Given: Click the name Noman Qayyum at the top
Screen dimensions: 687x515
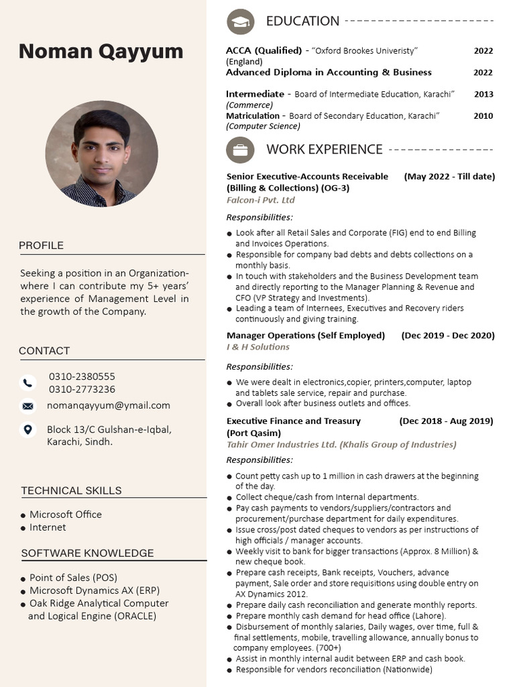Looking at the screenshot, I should [101, 51].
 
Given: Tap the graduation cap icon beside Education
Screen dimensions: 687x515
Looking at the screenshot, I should [240, 22].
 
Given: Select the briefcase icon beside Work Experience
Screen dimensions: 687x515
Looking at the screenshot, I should [240, 150].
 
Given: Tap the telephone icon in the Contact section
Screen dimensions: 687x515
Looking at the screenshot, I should [27, 382].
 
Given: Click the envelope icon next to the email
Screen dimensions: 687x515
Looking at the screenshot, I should [27, 406].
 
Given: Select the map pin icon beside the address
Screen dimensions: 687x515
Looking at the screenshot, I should [27, 429].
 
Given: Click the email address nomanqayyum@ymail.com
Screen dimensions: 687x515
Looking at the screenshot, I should [109, 405].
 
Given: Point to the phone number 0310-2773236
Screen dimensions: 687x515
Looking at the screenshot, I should [82, 389].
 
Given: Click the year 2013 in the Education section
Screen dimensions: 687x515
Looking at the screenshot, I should [483, 94].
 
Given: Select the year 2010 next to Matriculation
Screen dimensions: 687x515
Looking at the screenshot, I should [483, 115].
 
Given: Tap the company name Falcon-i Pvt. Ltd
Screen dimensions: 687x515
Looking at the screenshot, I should [261, 200].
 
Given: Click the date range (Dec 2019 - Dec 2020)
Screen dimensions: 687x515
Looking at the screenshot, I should [448, 335].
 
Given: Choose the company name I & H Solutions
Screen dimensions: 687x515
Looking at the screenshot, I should [258, 347].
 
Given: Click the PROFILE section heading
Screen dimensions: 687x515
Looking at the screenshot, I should [42, 246].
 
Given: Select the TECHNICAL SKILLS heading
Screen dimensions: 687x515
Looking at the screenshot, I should [71, 490].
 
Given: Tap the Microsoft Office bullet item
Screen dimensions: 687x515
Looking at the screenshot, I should [66, 515].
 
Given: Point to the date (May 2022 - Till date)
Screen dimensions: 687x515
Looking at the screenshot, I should [449, 176].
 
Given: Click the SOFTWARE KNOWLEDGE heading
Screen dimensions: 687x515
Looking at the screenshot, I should [87, 553].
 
